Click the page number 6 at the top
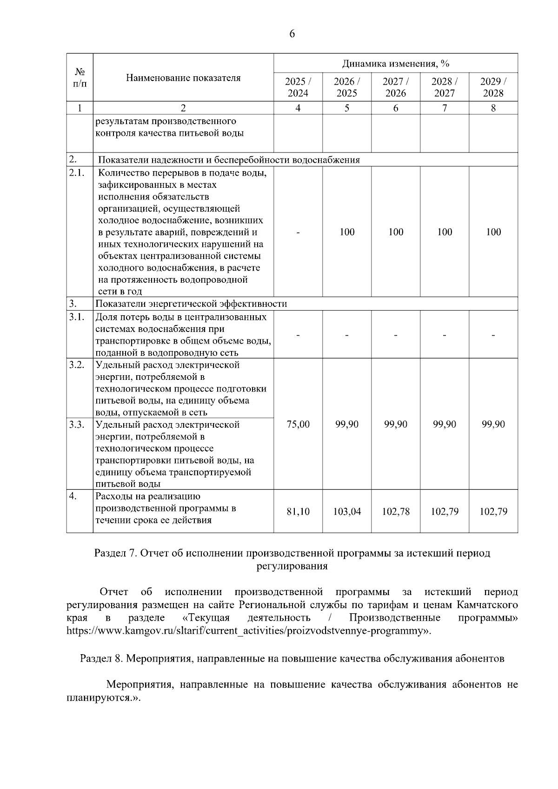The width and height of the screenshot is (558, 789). [x=292, y=34]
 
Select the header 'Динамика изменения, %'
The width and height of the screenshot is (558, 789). [x=396, y=63]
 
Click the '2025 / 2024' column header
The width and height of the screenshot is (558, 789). [x=298, y=87]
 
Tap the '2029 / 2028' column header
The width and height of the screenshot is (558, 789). [x=493, y=87]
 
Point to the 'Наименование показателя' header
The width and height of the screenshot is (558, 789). [x=183, y=78]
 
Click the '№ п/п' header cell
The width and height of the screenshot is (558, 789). [x=80, y=78]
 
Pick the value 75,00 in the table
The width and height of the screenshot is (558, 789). [x=298, y=424]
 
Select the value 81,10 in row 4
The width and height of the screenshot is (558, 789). [x=298, y=511]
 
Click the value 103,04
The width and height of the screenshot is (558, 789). [x=347, y=511]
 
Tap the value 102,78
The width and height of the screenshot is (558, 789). [x=396, y=511]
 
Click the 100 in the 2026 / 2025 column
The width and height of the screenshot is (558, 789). [x=347, y=232]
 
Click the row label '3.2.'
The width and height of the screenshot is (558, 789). [x=77, y=365]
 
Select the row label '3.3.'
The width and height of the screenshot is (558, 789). [x=77, y=424]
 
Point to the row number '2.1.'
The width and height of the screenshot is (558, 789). [x=77, y=173]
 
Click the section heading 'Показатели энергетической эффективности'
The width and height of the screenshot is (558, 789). [x=191, y=304]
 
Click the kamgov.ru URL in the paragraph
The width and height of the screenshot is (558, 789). [x=246, y=631]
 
